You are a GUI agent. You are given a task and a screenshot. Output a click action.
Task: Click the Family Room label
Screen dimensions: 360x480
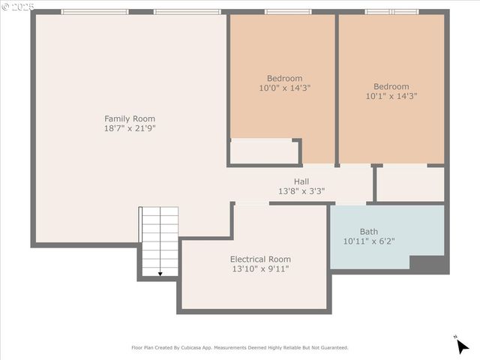click(130, 118)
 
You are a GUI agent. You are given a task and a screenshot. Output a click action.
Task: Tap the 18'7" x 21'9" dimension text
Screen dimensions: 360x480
click(130, 128)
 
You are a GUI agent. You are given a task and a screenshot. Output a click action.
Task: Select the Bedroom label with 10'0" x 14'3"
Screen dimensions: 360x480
click(284, 78)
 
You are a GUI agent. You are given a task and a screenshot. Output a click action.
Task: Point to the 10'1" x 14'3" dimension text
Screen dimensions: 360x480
click(391, 96)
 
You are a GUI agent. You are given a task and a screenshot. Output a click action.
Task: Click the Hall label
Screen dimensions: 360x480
click(301, 181)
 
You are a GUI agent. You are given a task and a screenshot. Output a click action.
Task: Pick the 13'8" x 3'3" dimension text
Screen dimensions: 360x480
click(301, 191)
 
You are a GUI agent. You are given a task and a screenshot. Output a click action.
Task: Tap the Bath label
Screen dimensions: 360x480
click(368, 232)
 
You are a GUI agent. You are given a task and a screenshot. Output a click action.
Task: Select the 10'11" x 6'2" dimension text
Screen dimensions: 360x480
click(368, 241)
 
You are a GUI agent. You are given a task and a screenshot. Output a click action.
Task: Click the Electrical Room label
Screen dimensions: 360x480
click(259, 259)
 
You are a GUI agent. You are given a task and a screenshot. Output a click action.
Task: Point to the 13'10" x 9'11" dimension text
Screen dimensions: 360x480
click(259, 268)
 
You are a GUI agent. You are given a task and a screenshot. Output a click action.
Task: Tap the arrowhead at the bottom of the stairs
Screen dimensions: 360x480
click(160, 274)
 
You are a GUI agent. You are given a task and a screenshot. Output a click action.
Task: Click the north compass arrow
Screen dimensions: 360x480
click(462, 345)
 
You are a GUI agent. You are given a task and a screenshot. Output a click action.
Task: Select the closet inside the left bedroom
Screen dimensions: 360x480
click(264, 151)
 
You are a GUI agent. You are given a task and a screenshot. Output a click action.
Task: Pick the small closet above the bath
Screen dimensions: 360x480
click(409, 184)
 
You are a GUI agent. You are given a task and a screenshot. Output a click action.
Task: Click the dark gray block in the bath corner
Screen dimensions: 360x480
click(427, 263)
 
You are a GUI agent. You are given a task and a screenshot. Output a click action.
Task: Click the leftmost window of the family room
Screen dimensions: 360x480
click(94, 12)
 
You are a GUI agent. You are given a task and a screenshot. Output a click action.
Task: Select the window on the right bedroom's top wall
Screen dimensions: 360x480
click(391, 12)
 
